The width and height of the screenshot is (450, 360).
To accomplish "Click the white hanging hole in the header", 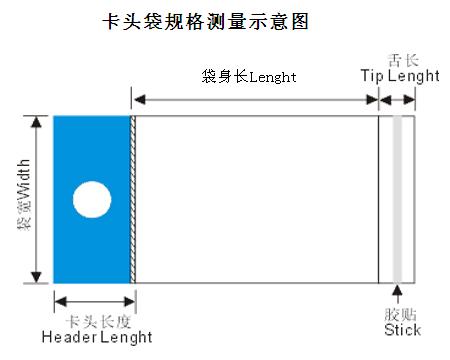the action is [92, 200].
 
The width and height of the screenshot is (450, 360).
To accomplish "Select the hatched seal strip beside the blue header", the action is [133, 200].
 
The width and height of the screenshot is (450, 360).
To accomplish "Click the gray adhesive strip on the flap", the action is [397, 200].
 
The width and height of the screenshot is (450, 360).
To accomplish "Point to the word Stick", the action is [402, 330].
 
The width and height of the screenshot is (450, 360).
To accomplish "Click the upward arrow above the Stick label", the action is [397, 294].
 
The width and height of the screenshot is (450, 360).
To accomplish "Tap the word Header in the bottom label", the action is [69, 337].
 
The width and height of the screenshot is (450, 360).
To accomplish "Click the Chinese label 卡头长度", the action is [98, 322].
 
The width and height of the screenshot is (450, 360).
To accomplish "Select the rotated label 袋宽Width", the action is [24, 195].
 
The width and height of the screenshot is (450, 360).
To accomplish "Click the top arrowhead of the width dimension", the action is [36, 122].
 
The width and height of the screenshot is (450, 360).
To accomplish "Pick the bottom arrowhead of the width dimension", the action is [36, 277].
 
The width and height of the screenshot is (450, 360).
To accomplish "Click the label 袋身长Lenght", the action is [249, 77].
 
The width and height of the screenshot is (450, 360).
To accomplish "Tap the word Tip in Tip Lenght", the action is [372, 76].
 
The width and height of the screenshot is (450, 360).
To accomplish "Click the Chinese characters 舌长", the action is [403, 61].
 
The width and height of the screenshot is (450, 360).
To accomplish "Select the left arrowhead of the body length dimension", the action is [139, 99].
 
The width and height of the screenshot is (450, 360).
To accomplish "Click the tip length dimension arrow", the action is [397, 100].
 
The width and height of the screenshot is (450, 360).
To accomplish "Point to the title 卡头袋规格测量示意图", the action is [205, 22].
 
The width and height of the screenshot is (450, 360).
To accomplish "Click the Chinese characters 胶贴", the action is [400, 314].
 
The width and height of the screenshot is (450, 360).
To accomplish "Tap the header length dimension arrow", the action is [95, 302].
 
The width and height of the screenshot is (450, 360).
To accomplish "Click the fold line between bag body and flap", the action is [379, 200].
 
